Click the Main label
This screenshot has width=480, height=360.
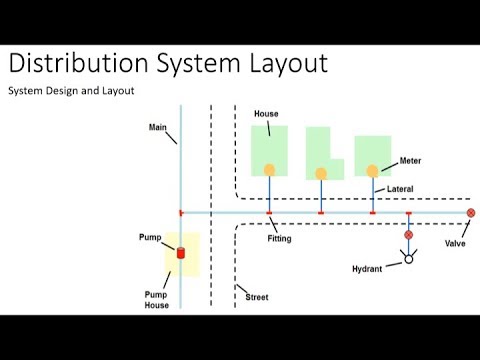[157, 127]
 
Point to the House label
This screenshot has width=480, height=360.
[266, 115]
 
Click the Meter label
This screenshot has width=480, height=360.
[411, 160]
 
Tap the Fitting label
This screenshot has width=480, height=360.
[280, 238]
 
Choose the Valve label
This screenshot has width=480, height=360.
[455, 242]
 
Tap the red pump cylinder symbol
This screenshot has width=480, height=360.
[181, 252]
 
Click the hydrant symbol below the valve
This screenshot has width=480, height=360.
[408, 259]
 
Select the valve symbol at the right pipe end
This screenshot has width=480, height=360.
[471, 213]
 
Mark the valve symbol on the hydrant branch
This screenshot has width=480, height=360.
[408, 235]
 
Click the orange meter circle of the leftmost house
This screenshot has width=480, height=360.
[269, 169]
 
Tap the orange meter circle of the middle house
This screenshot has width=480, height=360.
[321, 173]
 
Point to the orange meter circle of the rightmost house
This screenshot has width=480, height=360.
[373, 170]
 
